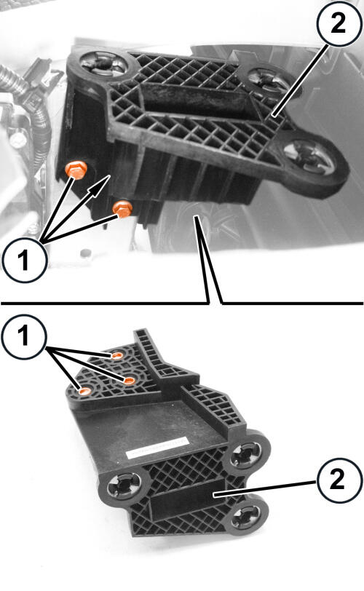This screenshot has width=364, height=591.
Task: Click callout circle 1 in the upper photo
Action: (24, 260)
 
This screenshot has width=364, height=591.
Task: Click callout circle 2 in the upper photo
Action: (339, 24)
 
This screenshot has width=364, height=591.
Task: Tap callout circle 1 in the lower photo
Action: (24, 336)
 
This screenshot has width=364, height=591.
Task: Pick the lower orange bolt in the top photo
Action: (122, 208)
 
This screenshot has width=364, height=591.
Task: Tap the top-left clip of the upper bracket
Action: (103, 65)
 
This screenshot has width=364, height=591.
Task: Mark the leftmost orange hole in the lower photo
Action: (84, 392)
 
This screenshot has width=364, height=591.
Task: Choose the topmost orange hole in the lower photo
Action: (116, 355)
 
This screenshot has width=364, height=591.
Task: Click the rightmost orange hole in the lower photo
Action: (130, 381)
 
